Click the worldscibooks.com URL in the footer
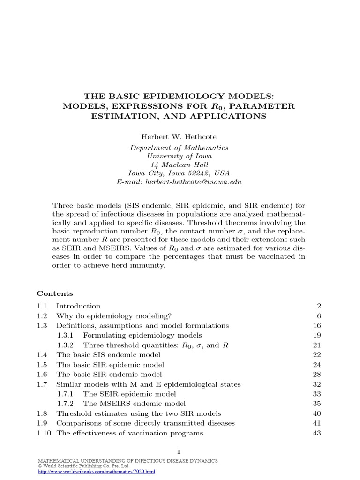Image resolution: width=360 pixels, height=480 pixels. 96,471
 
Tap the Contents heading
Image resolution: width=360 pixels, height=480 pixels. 55,293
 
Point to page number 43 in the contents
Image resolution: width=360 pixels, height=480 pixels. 316,434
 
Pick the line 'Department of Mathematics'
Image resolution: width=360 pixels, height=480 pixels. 179,148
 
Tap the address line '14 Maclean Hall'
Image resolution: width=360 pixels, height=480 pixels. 179,165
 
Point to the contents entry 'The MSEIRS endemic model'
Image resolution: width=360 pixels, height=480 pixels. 134,404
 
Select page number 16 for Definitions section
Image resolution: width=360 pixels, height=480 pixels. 316,325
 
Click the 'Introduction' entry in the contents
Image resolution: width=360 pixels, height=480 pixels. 78,306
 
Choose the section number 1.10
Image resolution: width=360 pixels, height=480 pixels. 44,434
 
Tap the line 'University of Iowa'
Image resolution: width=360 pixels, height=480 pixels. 179,156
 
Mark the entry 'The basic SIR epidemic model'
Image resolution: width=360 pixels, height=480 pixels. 110,365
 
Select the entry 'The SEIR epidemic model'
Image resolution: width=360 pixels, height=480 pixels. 129,394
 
